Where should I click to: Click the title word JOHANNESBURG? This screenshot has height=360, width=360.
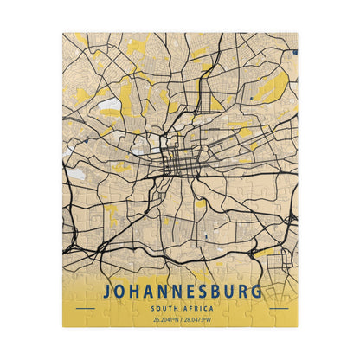(x=181, y=292)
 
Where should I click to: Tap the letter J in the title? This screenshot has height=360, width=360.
(x=108, y=292)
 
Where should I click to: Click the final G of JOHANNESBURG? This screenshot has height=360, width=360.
(x=254, y=292)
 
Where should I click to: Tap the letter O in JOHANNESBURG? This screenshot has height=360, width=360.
(x=121, y=292)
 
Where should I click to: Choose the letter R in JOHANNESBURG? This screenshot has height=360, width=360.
(x=241, y=292)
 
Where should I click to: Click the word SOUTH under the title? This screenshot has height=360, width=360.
(x=165, y=308)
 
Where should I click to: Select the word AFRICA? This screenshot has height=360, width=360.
(x=196, y=308)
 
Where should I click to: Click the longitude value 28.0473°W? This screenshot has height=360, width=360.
(x=196, y=319)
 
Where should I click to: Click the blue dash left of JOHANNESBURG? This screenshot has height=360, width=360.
(x=85, y=308)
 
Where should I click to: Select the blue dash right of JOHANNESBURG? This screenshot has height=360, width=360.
(x=277, y=308)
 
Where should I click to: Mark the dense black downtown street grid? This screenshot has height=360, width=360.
(x=176, y=159)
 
